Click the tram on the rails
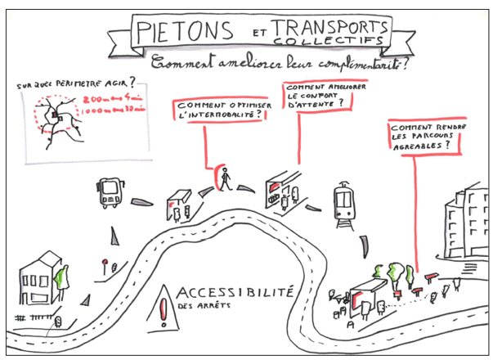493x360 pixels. tap(343, 200)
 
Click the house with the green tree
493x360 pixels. tap(43, 278)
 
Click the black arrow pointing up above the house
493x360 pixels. tap(114, 239)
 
